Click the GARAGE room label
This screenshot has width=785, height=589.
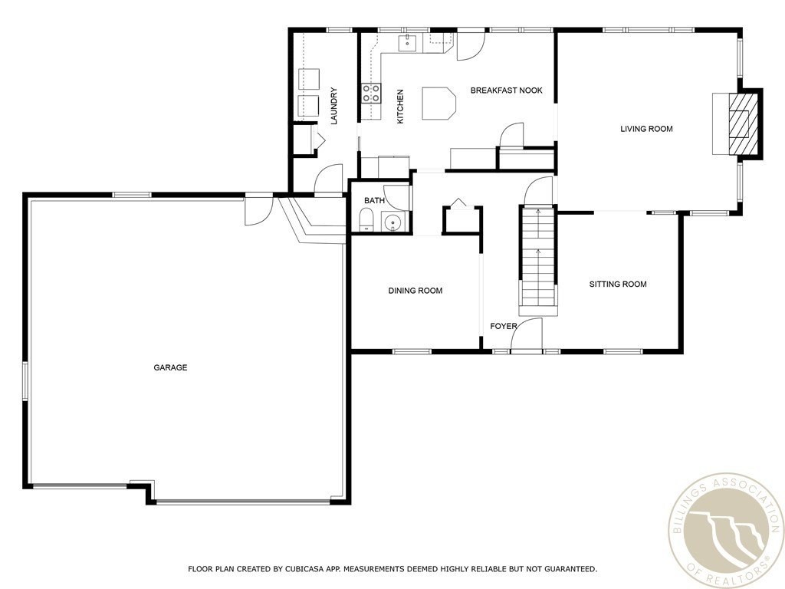tap(170, 367)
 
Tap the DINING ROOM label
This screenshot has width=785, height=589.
tap(415, 291)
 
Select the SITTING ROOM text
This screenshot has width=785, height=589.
tap(618, 284)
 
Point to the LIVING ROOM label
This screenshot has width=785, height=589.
tap(646, 129)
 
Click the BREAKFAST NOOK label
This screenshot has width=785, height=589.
tap(507, 90)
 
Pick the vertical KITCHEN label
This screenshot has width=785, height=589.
tap(400, 107)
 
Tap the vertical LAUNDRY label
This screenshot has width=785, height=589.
tap(334, 106)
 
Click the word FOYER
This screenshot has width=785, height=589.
tap(504, 326)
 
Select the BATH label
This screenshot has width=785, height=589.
tap(374, 200)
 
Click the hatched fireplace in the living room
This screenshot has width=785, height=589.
tap(743, 123)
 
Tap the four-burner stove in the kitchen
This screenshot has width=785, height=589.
tap(371, 93)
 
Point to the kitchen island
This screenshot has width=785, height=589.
tap(439, 104)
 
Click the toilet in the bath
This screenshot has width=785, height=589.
tap(366, 220)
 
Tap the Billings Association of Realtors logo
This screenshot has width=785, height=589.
tap(727, 531)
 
